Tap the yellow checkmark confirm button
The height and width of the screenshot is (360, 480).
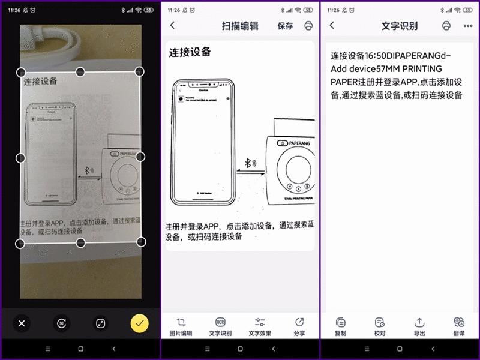pyautogui.click(x=139, y=323)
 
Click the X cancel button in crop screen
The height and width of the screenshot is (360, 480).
pyautogui.click(x=22, y=323)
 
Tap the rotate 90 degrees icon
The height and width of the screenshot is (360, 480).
pyautogui.click(x=61, y=323)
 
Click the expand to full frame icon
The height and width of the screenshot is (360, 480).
pyautogui.click(x=100, y=323)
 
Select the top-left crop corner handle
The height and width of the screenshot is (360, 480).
pyautogui.click(x=20, y=72)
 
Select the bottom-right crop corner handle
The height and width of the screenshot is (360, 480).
pyautogui.click(x=141, y=242)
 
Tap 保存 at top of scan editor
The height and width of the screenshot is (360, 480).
pyautogui.click(x=285, y=26)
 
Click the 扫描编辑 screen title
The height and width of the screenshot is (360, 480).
pyautogui.click(x=240, y=26)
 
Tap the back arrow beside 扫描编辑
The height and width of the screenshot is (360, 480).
pyautogui.click(x=173, y=26)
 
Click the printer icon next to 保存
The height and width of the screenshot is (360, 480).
pyautogui.click(x=308, y=26)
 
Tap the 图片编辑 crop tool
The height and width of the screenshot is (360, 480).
pyautogui.click(x=181, y=326)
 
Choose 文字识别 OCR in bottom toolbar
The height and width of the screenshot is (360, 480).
pyautogui.click(x=220, y=326)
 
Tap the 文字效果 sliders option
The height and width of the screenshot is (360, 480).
pyautogui.click(x=260, y=326)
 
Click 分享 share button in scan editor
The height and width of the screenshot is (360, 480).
pyautogui.click(x=299, y=326)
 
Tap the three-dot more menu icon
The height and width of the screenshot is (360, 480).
pyautogui.click(x=468, y=26)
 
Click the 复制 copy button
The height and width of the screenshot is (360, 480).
pyautogui.click(x=340, y=326)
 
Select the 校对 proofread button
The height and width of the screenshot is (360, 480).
pyautogui.click(x=379, y=326)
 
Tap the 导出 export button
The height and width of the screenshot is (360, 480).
pyautogui.click(x=419, y=326)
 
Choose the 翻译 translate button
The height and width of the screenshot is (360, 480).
pyautogui.click(x=459, y=326)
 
